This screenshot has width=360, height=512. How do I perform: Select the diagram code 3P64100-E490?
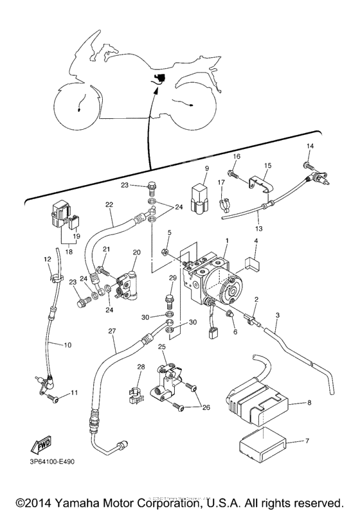(x=52, y=462)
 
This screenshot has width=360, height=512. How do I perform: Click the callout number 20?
(x=136, y=252)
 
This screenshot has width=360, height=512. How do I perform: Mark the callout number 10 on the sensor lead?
(x=67, y=345)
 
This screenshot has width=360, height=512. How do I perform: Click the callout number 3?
(x=278, y=315)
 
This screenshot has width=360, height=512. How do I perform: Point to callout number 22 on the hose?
(x=110, y=204)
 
